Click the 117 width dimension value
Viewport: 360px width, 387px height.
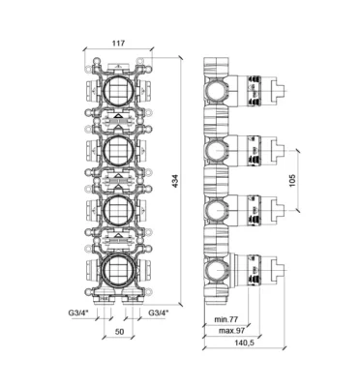click(x=118, y=43)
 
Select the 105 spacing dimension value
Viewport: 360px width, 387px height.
click(x=291, y=181)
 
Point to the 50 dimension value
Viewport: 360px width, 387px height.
click(x=119, y=332)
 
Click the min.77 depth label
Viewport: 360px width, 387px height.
click(x=225, y=319)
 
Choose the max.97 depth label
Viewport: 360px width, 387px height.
click(x=232, y=331)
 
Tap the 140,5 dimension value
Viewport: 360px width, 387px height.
click(x=245, y=342)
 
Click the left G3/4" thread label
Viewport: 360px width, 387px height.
click(x=78, y=313)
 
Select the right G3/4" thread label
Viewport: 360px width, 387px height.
click(x=159, y=313)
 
